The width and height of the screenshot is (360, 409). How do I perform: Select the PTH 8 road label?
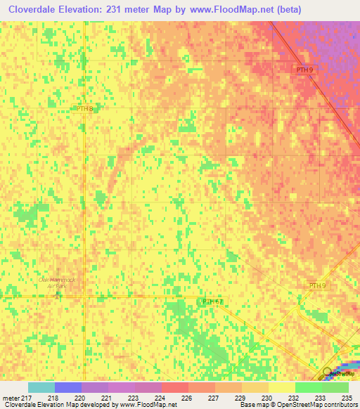click(x=85, y=108)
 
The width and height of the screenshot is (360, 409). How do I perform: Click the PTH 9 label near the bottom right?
click(x=318, y=285)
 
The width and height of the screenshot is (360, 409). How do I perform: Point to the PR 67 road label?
click(x=212, y=301)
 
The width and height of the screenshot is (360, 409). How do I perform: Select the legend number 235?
click(x=345, y=397)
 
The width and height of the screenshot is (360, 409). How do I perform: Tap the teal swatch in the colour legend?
click(x=41, y=387)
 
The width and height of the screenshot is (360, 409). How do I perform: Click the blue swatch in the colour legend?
click(x=68, y=387)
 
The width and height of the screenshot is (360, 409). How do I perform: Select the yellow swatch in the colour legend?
click(x=281, y=387)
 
